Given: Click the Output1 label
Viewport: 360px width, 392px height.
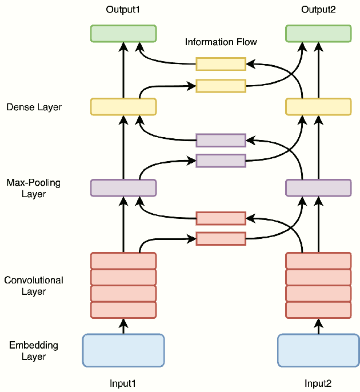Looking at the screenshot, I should pyautogui.click(x=123, y=10).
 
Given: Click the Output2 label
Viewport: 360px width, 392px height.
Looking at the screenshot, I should pyautogui.click(x=318, y=10).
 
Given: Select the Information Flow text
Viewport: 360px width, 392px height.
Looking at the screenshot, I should pyautogui.click(x=221, y=42).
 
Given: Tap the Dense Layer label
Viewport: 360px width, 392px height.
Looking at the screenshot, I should pyautogui.click(x=34, y=107).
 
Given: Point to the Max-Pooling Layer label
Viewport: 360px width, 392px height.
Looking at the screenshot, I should pyautogui.click(x=34, y=189).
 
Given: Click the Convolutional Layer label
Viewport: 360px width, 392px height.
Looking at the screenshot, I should pyautogui.click(x=34, y=286).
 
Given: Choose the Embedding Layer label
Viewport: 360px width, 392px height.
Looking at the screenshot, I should pyautogui.click(x=34, y=351).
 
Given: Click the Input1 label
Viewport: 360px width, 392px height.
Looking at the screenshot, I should pyautogui.click(x=123, y=383).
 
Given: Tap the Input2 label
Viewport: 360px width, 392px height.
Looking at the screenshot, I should pyautogui.click(x=318, y=383).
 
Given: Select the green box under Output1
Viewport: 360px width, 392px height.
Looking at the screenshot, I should pyautogui.click(x=123, y=33).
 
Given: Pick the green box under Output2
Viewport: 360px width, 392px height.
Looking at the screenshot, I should pyautogui.click(x=318, y=33).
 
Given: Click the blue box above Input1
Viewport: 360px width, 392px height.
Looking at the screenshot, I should pyautogui.click(x=123, y=350).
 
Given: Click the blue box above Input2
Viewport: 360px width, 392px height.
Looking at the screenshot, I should pyautogui.click(x=318, y=350).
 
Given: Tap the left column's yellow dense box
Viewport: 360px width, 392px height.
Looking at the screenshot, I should pyautogui.click(x=123, y=106).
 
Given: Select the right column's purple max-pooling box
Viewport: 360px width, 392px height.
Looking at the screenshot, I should pyautogui.click(x=318, y=187).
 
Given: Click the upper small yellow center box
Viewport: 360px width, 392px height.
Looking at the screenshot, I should pyautogui.click(x=221, y=63).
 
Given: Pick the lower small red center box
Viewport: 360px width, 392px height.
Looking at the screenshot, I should pyautogui.click(x=221, y=239).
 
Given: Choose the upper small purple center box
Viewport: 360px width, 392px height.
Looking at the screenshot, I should pyautogui.click(x=221, y=140).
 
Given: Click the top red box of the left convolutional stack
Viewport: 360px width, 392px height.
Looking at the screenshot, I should pyautogui.click(x=123, y=261).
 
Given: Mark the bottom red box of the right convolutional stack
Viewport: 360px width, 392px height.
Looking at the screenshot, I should pyautogui.click(x=318, y=310).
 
